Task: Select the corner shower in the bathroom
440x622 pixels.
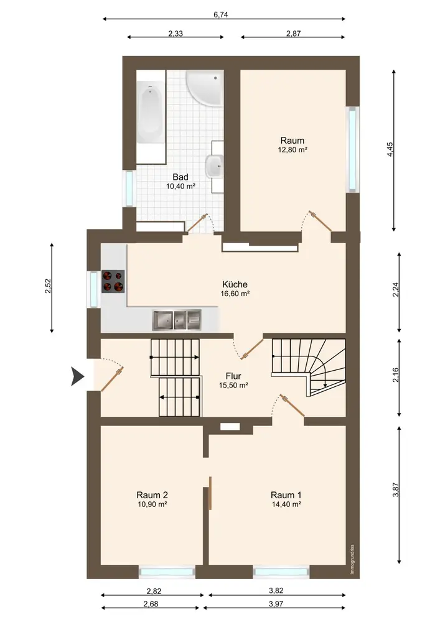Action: point(205,88)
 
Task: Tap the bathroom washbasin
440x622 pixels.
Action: point(215,166)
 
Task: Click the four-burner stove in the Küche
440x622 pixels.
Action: point(113,281)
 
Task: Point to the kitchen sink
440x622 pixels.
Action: point(177,320)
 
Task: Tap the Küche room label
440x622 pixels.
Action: point(235,284)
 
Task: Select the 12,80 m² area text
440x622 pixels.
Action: point(293,150)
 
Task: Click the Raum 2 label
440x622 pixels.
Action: point(152,494)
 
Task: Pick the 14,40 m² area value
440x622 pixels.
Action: point(286,504)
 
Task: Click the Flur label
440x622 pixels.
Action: point(233,376)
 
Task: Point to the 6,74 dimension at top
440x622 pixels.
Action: point(220,15)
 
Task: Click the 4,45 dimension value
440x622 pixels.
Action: point(390,149)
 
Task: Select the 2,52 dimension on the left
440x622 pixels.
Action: point(48,286)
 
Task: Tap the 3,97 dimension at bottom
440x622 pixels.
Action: point(276,604)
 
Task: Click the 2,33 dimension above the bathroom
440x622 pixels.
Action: point(176,34)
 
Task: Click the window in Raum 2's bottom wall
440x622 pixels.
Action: point(167,572)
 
